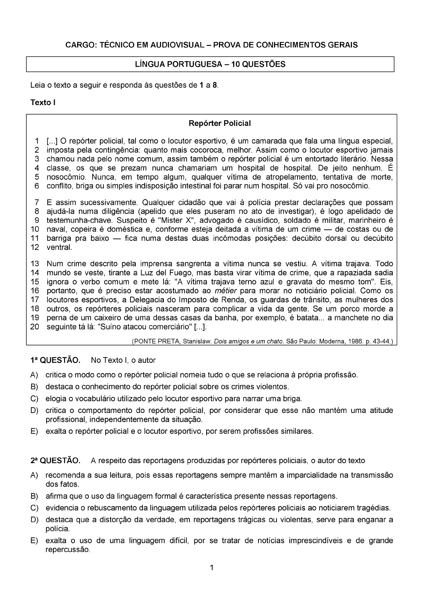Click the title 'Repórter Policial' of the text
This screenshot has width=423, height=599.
point(219,123)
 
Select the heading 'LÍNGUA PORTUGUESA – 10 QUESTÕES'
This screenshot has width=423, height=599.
point(210,64)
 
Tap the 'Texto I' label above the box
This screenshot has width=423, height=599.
point(43,102)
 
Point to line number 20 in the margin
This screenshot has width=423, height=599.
point(34,327)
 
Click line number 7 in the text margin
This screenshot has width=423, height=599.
point(36,203)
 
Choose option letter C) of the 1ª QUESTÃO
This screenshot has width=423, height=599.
point(34,399)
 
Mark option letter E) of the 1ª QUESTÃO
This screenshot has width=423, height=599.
point(34,431)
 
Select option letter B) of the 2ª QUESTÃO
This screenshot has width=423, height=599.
point(34,496)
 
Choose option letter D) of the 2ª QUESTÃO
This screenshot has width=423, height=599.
point(34,520)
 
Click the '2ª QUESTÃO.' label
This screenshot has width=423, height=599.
point(55,461)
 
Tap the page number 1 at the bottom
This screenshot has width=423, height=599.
point(211,568)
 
